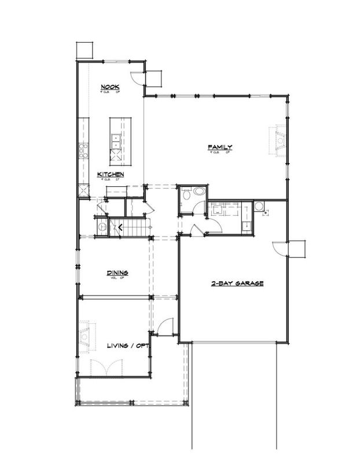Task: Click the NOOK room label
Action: (109, 87)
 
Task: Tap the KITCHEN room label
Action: (109, 174)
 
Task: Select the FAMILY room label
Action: (220, 148)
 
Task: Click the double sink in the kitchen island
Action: (116, 138)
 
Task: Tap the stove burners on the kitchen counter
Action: (83, 151)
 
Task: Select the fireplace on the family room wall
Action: (280, 141)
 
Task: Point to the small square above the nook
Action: (83, 49)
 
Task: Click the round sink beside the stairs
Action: (102, 227)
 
